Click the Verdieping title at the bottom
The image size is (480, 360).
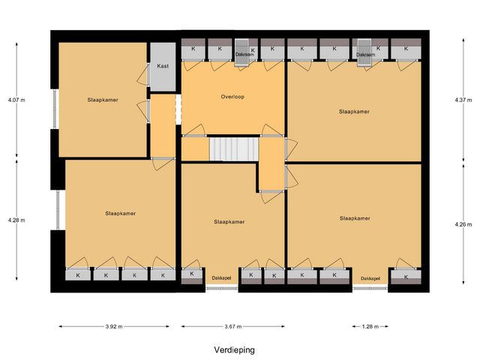(232, 350)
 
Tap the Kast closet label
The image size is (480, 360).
(163, 66)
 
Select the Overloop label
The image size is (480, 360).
(232, 97)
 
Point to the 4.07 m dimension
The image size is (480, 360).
(16, 100)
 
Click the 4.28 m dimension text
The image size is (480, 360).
(16, 220)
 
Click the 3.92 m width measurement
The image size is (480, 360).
(114, 326)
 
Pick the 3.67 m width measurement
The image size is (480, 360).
(232, 326)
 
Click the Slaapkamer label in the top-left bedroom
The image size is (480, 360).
(102, 99)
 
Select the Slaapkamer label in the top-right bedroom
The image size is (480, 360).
(354, 111)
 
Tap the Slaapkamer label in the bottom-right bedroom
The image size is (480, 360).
(354, 219)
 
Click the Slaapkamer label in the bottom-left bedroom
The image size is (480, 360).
(120, 214)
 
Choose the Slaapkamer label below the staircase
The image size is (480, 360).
(229, 222)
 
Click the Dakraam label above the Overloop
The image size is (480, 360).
(244, 54)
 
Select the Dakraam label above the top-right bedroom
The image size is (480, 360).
(366, 54)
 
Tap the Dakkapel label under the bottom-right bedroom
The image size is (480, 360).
(370, 279)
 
